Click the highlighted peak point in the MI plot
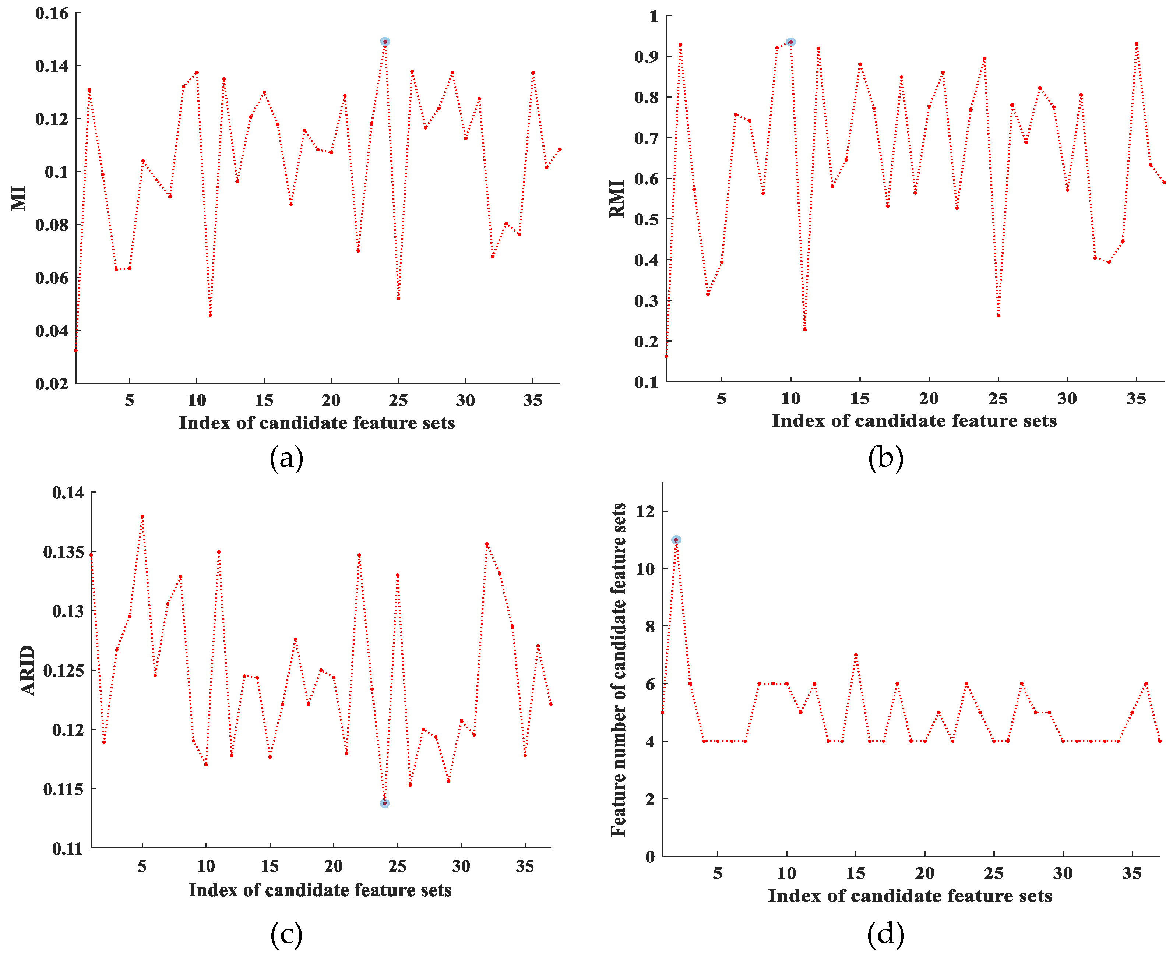385,42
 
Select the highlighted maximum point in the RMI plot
790,42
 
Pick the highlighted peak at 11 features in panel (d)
676,540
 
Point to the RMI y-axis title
617,199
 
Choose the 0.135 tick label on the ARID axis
64,552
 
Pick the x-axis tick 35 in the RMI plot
1136,399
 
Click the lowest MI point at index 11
210,315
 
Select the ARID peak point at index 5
142,516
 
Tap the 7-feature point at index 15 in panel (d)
856,655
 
